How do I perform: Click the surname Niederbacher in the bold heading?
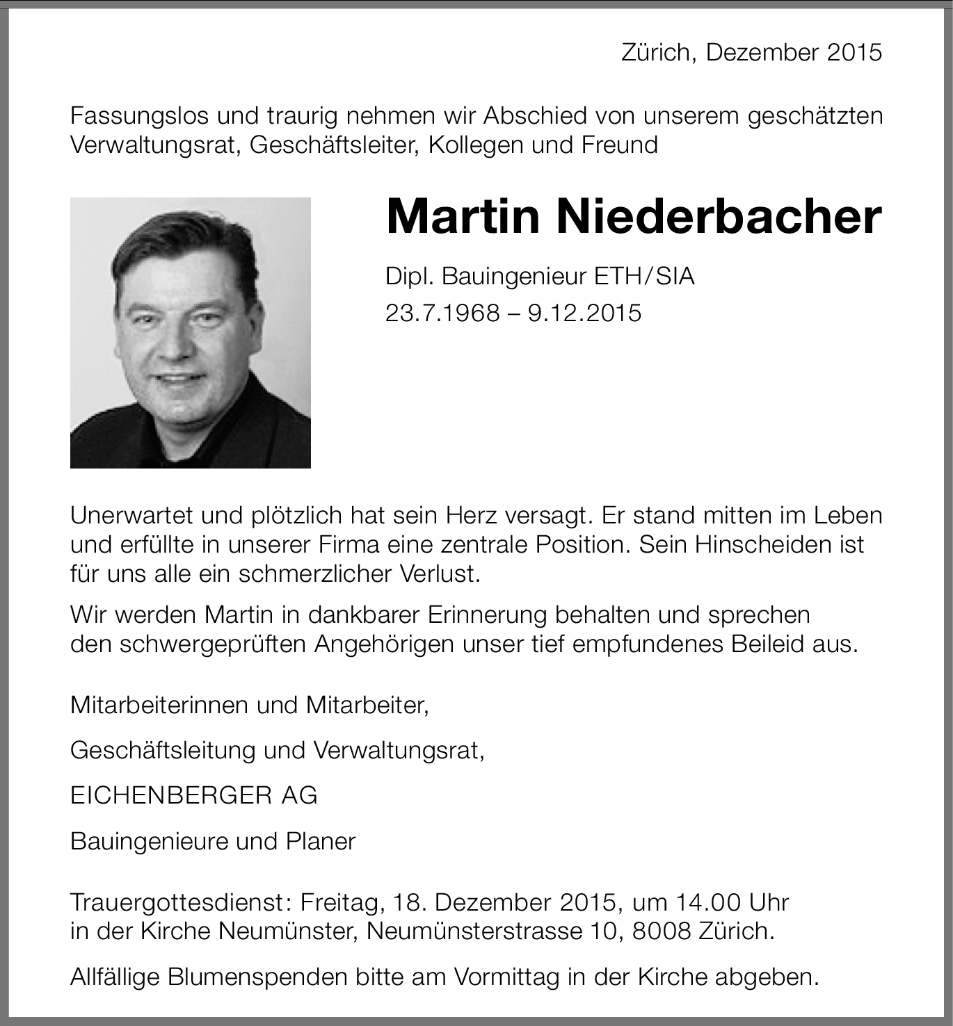(718, 217)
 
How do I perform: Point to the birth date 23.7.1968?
(442, 313)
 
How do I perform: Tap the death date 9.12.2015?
(584, 313)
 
